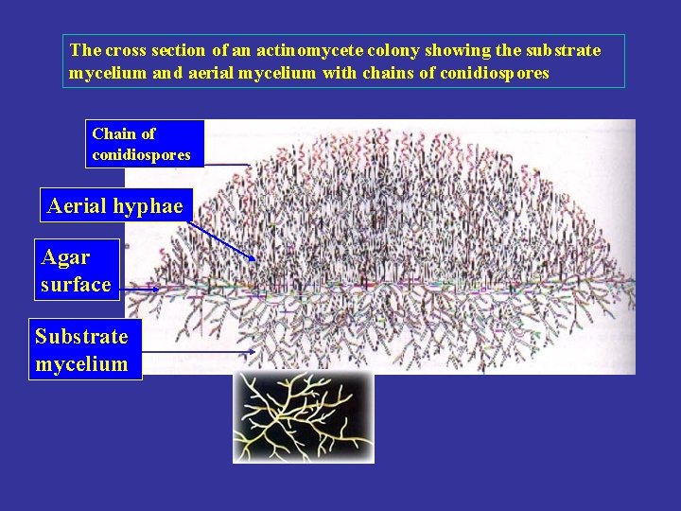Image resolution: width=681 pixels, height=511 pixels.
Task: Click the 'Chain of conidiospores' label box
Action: [145, 144]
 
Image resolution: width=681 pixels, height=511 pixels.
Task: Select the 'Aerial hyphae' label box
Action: [115, 205]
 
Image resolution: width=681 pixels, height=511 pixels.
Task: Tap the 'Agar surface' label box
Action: [77, 270]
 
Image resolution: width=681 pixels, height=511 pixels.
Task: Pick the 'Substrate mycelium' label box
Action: [84, 349]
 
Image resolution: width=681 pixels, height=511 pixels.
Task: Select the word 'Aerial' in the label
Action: [77, 205]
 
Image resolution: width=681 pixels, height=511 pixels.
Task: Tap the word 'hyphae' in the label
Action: [148, 205]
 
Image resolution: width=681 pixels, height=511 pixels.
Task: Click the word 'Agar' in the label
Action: [66, 256]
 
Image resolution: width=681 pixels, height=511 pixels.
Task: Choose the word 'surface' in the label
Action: [77, 284]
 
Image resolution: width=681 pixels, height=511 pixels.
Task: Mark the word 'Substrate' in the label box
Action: [81, 336]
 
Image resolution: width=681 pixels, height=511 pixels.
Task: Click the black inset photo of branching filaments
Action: [304, 416]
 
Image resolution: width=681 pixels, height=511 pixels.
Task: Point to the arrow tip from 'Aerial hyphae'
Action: [255, 259]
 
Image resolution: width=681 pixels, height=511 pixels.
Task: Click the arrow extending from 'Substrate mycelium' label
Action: [199, 352]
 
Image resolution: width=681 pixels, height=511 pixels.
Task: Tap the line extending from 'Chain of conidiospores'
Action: [227, 164]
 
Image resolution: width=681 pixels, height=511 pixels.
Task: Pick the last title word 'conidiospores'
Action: [494, 73]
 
